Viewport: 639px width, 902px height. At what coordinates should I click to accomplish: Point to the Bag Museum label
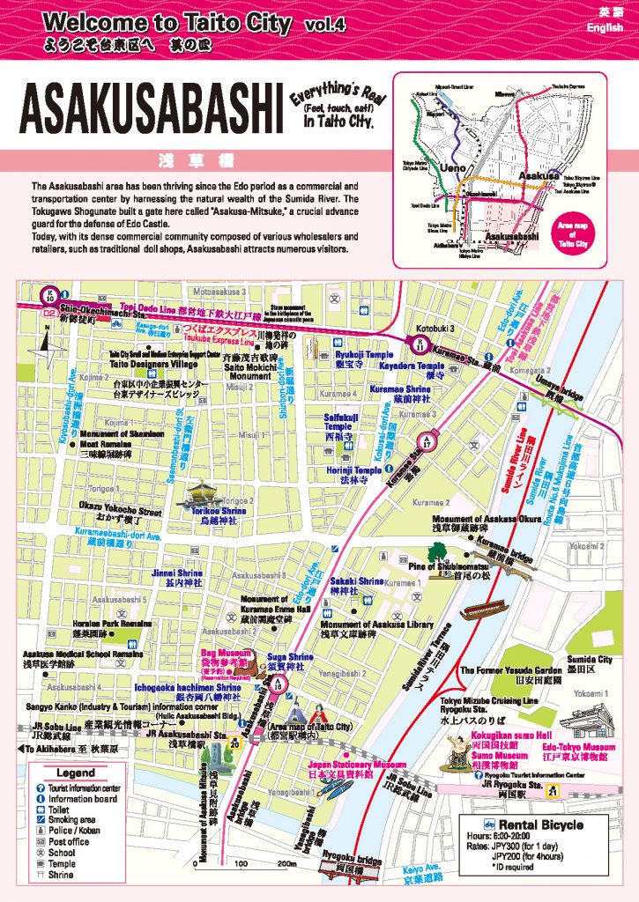point(227,655)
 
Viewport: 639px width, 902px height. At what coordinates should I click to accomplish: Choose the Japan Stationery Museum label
point(357,765)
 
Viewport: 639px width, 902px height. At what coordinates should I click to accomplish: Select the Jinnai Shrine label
point(177,572)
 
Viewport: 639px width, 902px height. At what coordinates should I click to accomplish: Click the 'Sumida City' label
point(592,659)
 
